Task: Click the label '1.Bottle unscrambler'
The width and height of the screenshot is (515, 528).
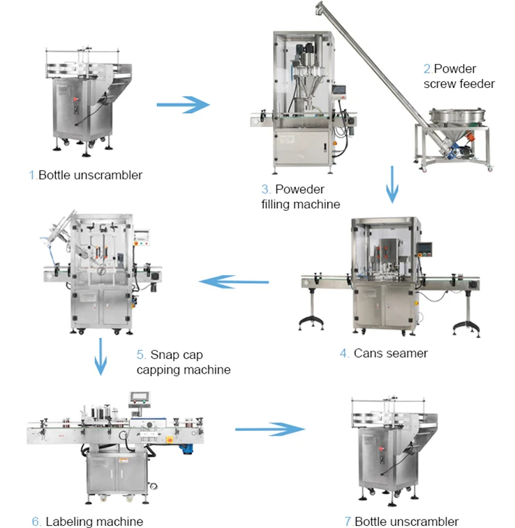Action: coord(85,175)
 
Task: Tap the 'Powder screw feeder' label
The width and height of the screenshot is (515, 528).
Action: coord(458,76)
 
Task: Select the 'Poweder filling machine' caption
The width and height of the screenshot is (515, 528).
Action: coord(301,196)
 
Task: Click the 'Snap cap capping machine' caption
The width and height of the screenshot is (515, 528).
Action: coord(183,362)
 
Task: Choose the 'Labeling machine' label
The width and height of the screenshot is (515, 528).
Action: coord(87,521)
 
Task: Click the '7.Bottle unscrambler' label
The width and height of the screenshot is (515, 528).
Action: coord(401,521)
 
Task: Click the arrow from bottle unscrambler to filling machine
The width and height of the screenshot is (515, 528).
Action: coord(182,105)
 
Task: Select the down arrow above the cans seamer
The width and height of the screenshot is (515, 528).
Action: coord(393,184)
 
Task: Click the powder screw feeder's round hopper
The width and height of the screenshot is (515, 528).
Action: coord(456,116)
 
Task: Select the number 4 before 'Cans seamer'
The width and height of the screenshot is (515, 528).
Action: coord(345,353)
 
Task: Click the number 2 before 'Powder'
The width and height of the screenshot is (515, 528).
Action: coord(428,69)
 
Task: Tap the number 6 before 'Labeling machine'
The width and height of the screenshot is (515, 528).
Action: coord(36,521)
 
